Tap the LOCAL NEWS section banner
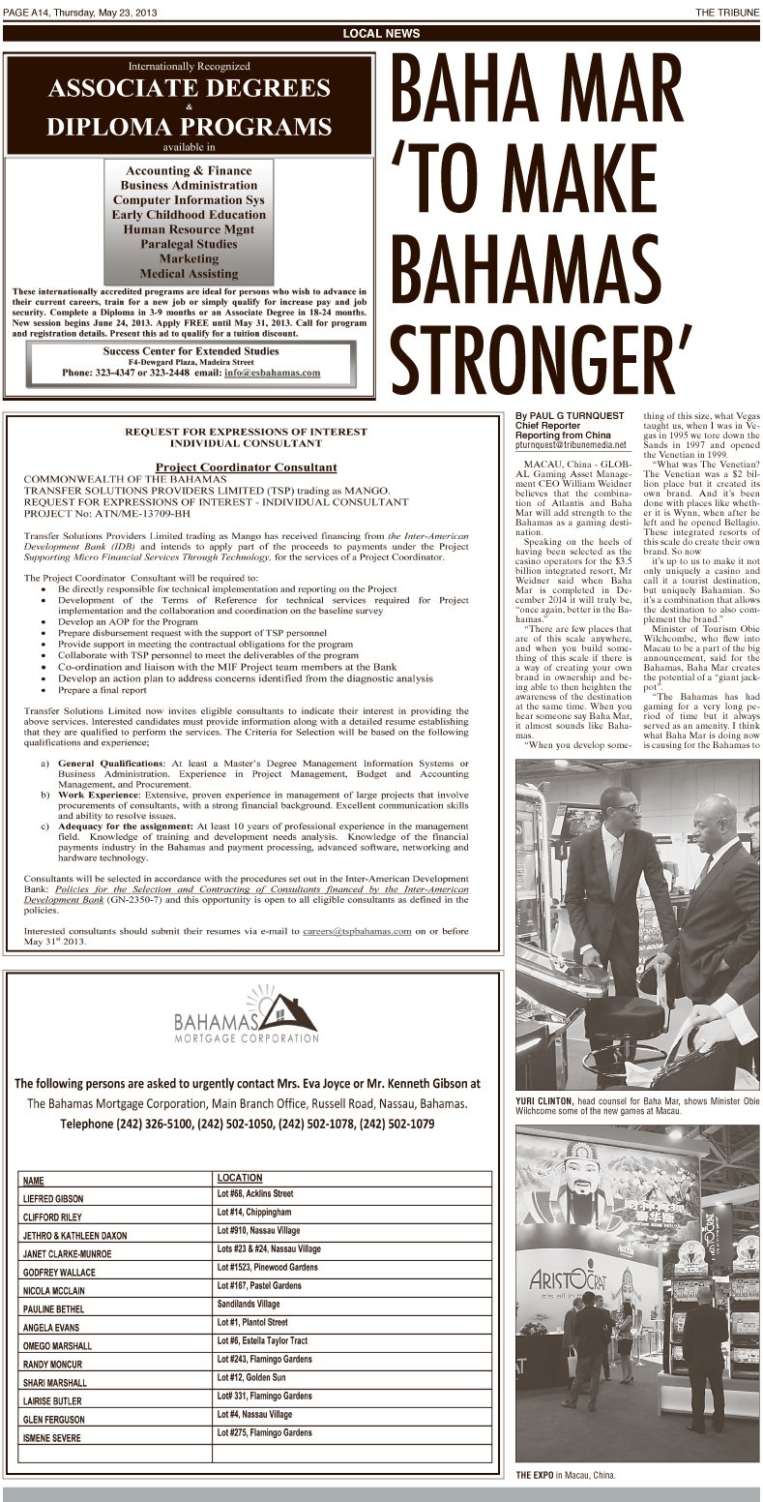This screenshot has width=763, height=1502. coord(381,34)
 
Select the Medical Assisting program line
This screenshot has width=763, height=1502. coord(189,274)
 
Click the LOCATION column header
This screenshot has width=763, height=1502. coord(240,1178)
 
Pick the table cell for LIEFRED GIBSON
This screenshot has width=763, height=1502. coord(53,1198)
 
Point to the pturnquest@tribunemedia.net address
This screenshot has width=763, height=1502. coord(572,445)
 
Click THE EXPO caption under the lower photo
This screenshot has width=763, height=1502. coord(536,1476)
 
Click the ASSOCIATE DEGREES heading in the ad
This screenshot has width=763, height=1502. coord(190,89)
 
